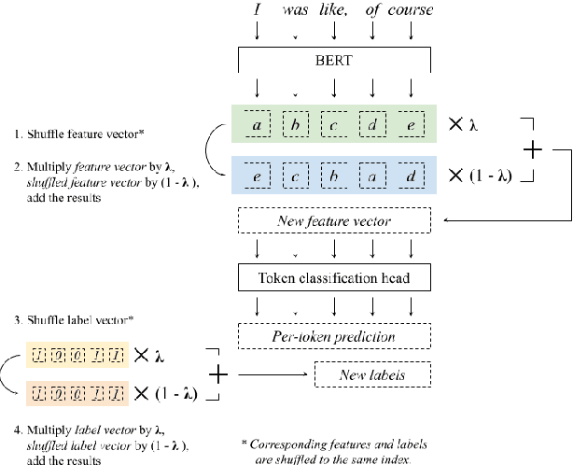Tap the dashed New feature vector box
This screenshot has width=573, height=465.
click(334, 221)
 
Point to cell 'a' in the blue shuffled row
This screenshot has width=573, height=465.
click(372, 174)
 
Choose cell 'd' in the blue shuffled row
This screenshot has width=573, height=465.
click(411, 174)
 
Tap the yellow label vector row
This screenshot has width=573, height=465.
click(73, 355)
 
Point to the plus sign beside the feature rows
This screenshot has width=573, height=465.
click(531, 149)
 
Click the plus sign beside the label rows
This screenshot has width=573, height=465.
click(218, 374)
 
